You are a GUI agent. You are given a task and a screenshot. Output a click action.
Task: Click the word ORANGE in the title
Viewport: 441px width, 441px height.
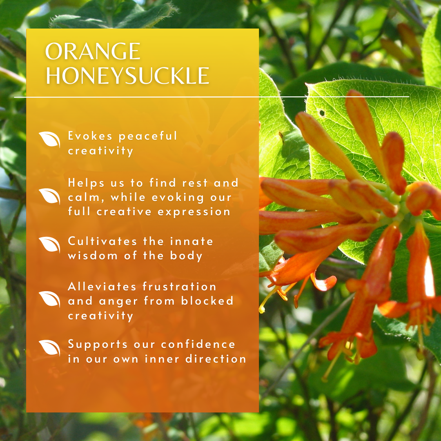coord(93,51)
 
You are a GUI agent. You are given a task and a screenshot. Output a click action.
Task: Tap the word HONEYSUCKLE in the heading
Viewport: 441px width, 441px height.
coord(127,76)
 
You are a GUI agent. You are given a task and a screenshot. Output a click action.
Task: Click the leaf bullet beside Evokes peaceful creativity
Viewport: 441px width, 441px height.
coord(49,139)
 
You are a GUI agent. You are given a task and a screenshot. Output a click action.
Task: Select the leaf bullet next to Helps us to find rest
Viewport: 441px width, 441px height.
coord(49,196)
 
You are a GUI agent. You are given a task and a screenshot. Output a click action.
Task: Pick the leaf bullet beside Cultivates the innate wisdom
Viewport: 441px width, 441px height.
coord(49,245)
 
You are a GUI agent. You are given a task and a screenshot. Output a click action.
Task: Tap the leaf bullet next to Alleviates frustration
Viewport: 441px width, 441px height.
coord(49,298)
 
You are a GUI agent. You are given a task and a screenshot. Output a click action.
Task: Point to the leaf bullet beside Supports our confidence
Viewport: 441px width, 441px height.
coord(49,347)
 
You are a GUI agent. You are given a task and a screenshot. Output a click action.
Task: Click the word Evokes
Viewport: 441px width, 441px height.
coord(90,136)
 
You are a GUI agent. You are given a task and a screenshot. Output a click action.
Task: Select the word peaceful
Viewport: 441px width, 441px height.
coord(148,136)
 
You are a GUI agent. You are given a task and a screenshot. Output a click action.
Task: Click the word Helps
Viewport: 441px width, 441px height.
coord(86,183)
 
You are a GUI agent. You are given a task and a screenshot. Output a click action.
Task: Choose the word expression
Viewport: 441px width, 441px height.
coord(194,212)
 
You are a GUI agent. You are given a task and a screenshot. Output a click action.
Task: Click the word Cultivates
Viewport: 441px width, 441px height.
coord(102,241)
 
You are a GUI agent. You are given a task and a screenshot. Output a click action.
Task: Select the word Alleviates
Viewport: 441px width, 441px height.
coord(102,287)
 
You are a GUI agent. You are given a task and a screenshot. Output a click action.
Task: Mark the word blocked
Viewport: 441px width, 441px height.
coord(207,301)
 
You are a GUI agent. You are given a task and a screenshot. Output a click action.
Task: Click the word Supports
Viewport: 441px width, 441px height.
coord(98,345)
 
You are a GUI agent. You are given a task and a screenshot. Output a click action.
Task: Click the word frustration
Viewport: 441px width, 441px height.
coord(179,287)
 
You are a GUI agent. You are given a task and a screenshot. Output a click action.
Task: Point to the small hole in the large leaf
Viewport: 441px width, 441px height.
coord(322,113)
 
